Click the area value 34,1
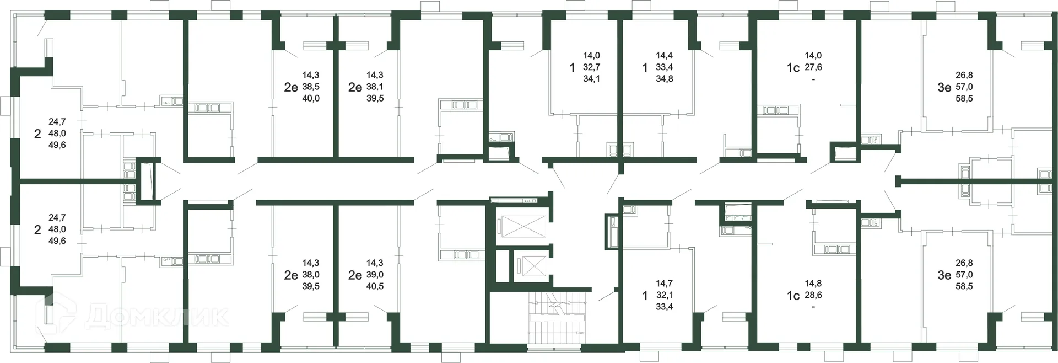click(591, 79)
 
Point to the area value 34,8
click(664, 79)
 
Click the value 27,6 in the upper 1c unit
click(813, 67)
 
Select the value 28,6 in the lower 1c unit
click(813, 295)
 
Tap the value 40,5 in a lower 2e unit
click(375, 286)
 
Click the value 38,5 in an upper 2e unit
click(311, 87)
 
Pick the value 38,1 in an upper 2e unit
click(375, 87)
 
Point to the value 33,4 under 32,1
click(664, 307)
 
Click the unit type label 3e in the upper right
click(944, 87)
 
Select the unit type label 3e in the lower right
click(944, 275)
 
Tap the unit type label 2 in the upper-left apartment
click(37, 134)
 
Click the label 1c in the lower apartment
click(792, 296)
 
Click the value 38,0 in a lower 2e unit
click(311, 275)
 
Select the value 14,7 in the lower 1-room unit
click(664, 284)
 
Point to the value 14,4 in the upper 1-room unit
click(664, 56)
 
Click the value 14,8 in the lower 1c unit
click(813, 284)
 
